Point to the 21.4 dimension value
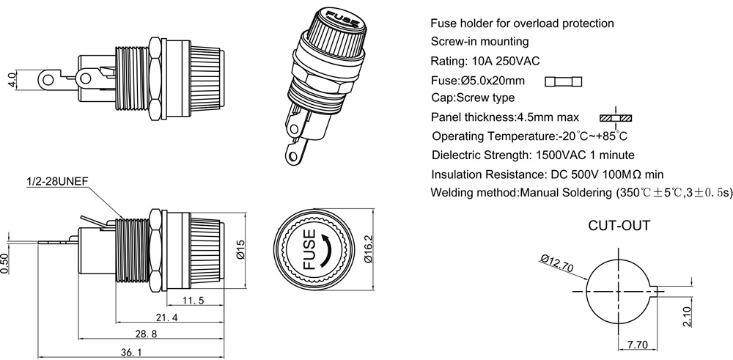point(166,317)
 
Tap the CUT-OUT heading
point(619,225)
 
